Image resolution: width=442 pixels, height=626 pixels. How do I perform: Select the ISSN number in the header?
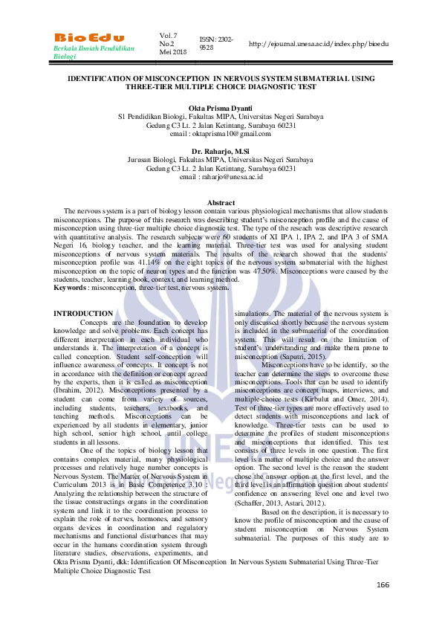(215, 43)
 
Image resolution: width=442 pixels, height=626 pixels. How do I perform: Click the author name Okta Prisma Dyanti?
(221, 109)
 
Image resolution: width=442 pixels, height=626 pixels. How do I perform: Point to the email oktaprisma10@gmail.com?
(221, 133)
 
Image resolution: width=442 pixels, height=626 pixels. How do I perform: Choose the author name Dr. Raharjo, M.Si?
(221, 151)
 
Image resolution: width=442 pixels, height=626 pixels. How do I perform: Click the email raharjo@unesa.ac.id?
(221, 176)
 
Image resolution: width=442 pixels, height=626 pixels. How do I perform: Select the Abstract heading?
(221, 203)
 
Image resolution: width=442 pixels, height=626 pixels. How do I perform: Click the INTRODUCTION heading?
(83, 314)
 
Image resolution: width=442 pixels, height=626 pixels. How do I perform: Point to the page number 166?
(383, 585)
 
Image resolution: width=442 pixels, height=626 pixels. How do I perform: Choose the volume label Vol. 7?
(168, 35)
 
